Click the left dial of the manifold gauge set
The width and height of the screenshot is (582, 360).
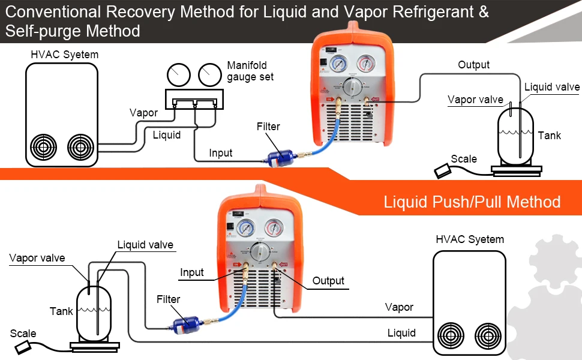(x=178, y=75)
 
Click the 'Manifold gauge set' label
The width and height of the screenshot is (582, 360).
(x=250, y=71)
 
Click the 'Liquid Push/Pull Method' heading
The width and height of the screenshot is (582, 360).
(x=472, y=202)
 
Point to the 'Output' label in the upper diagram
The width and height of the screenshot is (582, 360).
(x=473, y=65)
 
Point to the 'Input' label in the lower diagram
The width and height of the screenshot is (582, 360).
(x=192, y=272)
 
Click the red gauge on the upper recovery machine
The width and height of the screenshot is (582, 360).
(x=364, y=64)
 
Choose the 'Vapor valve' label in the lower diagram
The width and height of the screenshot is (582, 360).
(x=37, y=258)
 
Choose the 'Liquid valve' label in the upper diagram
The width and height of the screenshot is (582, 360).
(x=552, y=87)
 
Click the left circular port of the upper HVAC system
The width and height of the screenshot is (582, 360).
(x=45, y=146)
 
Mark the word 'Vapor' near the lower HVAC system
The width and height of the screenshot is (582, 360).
(x=399, y=307)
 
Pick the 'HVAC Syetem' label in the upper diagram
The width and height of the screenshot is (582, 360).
(x=64, y=55)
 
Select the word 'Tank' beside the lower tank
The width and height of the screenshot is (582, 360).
(x=61, y=311)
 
